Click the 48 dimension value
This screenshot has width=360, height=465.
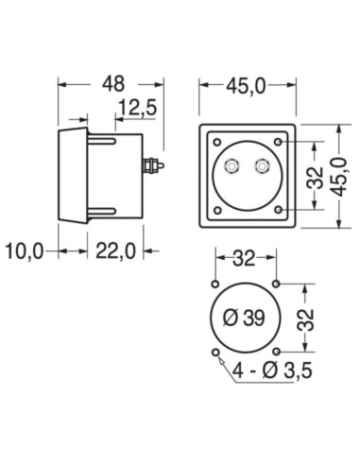(113, 82)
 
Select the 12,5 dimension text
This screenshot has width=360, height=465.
(138, 109)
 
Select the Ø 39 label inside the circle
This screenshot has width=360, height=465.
(245, 319)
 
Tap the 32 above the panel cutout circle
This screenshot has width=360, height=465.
(245, 259)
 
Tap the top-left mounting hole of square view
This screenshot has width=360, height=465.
(218, 143)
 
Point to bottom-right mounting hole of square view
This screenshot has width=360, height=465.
(280, 206)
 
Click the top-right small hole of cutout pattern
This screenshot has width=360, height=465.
(276, 284)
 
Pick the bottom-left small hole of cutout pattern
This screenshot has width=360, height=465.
(215, 352)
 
